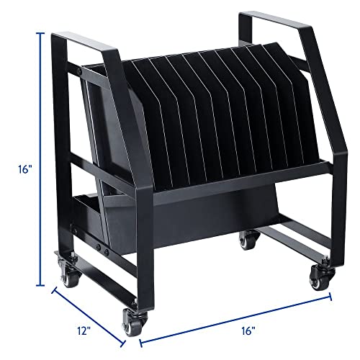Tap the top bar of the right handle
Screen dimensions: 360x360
click(264, 17)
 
